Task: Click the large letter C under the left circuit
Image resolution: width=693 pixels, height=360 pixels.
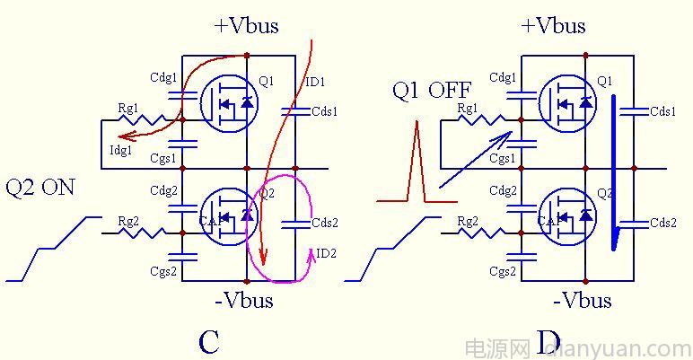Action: [208, 341]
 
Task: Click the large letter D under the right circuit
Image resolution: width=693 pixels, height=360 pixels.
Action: [549, 341]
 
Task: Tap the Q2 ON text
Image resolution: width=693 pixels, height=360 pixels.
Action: [40, 188]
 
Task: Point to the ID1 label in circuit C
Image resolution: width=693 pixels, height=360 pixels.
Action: [315, 83]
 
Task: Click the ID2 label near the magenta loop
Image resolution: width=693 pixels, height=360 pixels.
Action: [326, 254]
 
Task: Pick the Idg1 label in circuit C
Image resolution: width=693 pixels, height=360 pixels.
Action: [120, 151]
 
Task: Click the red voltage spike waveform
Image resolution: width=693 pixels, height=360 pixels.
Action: [417, 162]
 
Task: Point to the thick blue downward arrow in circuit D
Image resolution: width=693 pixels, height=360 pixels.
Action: [615, 171]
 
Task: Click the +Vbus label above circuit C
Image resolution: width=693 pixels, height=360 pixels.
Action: [246, 25]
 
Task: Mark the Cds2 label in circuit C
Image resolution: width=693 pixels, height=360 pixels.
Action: [324, 224]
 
